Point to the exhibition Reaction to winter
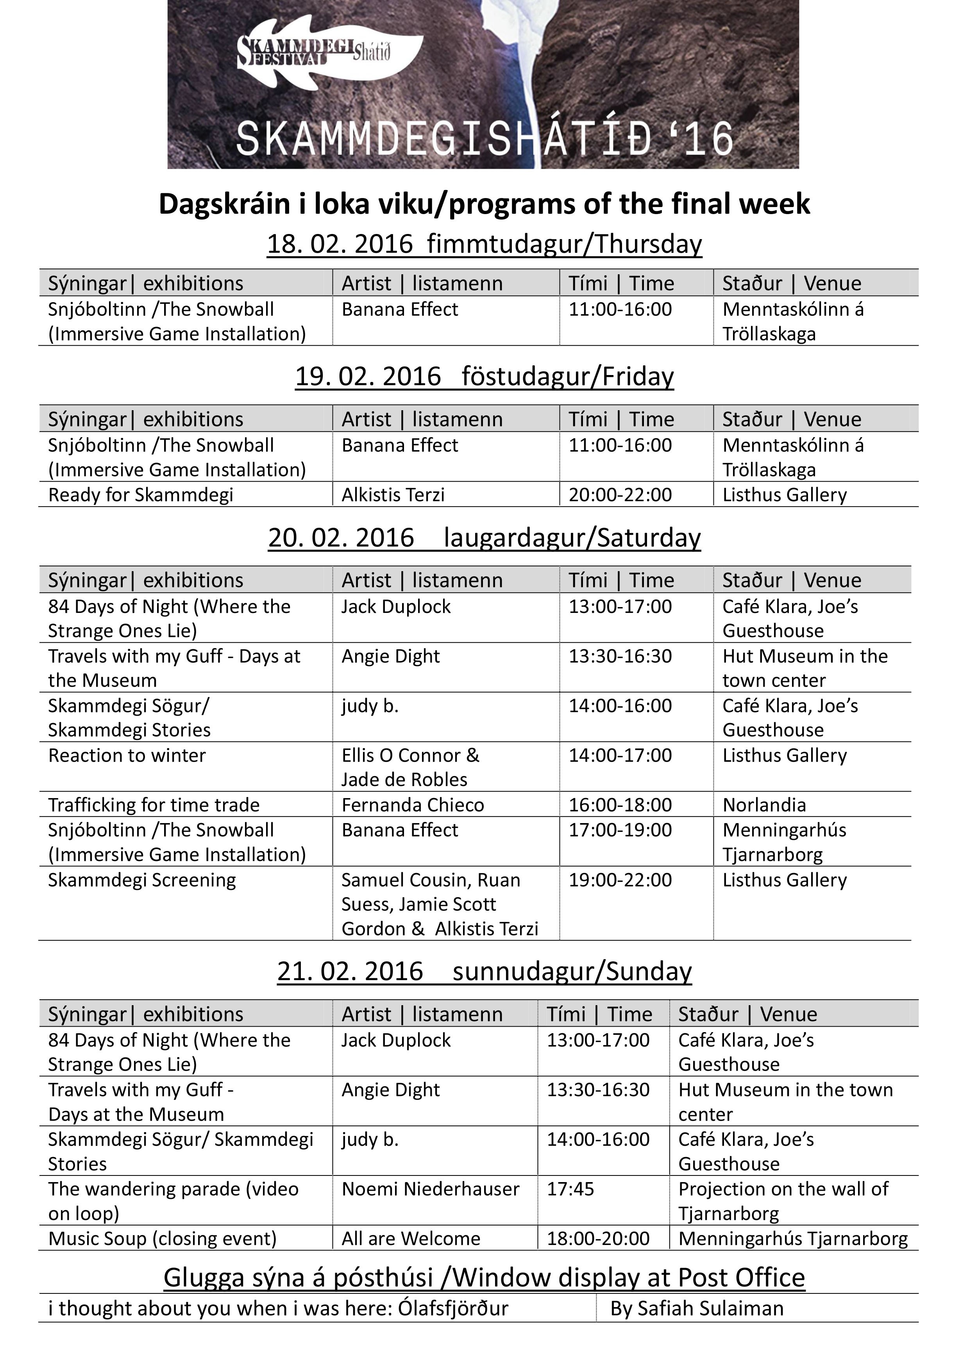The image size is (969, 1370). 127,756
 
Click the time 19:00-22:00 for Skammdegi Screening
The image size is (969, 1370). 620,880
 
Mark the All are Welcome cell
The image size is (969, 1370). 411,1239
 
